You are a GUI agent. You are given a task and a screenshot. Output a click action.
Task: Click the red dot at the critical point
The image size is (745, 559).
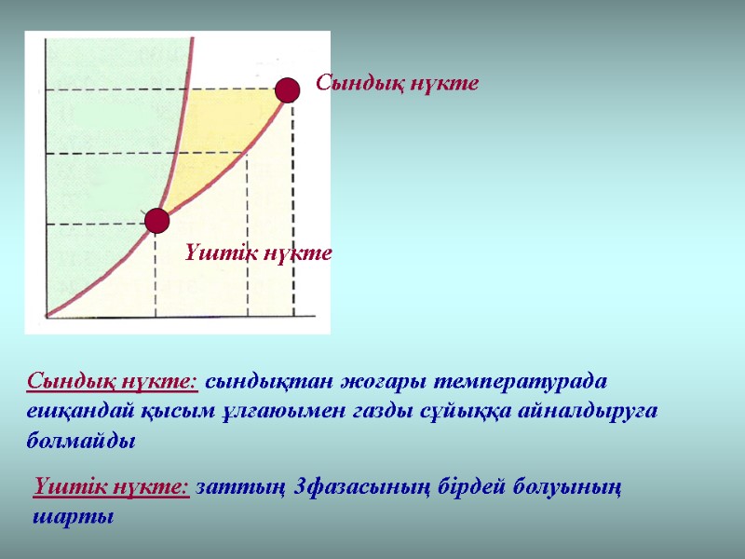(287, 89)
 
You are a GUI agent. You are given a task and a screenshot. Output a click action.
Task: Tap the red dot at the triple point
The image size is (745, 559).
(156, 221)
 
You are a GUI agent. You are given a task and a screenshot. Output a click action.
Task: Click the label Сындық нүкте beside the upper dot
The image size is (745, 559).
(398, 84)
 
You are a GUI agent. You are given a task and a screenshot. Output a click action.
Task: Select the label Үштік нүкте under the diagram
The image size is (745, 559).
(258, 252)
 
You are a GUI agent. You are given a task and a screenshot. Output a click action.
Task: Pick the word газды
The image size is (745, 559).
(378, 412)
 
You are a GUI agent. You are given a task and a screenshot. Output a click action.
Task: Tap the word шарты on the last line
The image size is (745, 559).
(74, 517)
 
